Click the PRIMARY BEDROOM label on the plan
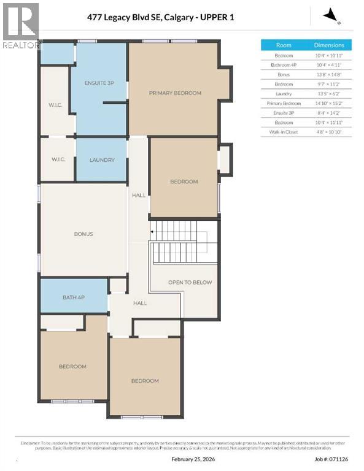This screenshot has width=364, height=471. point(175,93)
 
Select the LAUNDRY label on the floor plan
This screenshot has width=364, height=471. point(102,160)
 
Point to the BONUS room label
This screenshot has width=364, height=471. point(83,234)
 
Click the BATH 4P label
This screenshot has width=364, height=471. point(74,297)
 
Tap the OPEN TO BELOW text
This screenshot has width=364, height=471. point(190,282)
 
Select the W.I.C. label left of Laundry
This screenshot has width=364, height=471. point(58,160)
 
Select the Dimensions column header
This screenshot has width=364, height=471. point(329,45)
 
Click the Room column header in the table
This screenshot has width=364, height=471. point(284,45)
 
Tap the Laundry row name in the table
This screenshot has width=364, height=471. point(284,94)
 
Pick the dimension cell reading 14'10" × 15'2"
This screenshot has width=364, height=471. point(329,104)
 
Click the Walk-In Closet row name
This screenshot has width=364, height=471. point(284,132)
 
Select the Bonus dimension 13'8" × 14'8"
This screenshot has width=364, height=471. point(329,75)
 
